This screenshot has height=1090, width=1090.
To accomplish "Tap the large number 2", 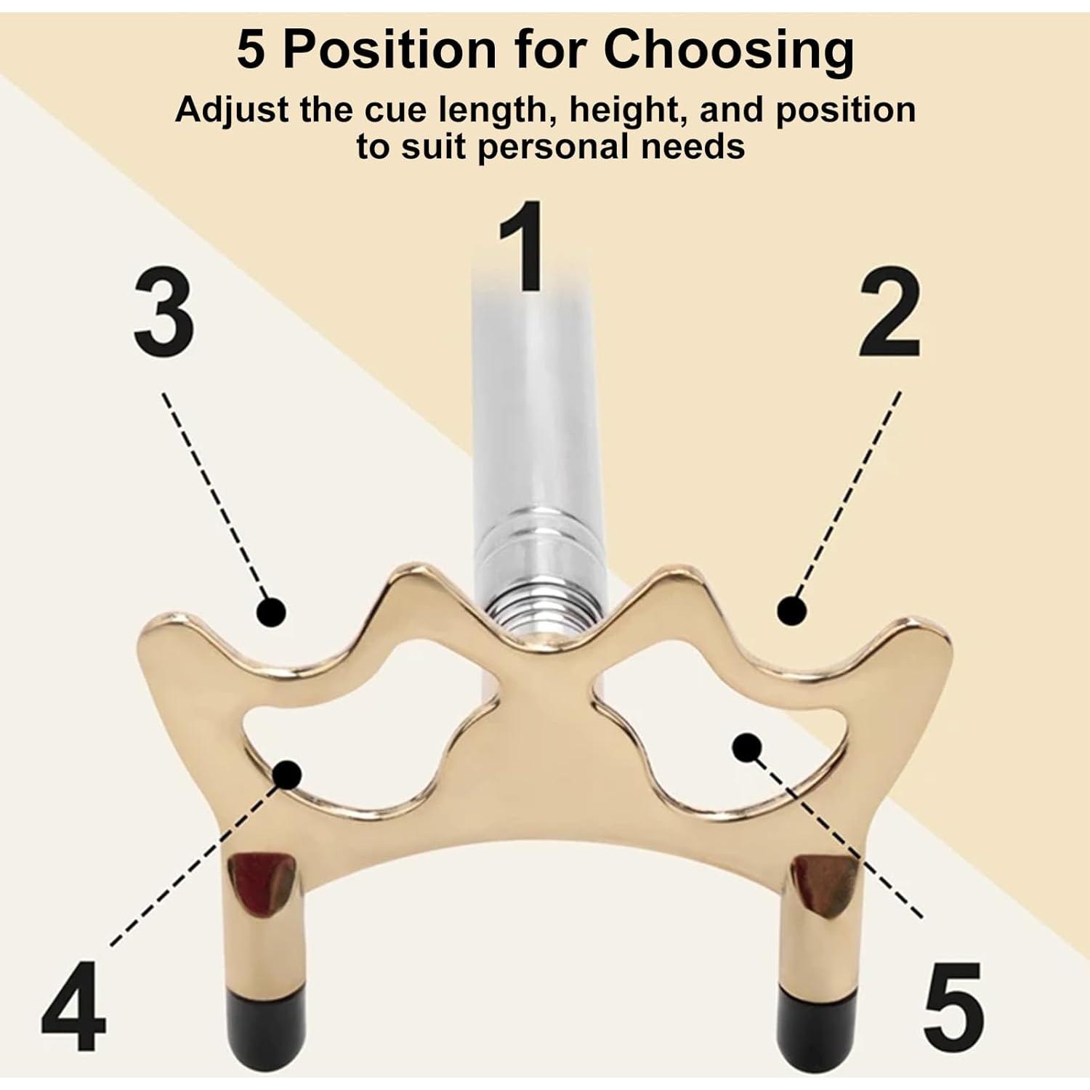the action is tap(889, 312).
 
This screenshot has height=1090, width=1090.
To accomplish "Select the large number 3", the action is tap(164, 311).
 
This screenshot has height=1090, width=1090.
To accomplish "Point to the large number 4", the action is tap(73, 1006).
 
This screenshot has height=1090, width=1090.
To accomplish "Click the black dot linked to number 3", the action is tap(271, 612).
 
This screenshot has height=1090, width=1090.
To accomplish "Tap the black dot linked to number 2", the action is tap(791, 610).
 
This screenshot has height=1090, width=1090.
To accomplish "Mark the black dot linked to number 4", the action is tap(288, 775).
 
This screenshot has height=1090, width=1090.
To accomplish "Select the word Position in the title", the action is tap(390, 49).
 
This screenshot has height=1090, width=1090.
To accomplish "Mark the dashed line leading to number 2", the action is tap(849, 494).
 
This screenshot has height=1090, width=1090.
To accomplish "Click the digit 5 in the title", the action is tap(251, 49).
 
